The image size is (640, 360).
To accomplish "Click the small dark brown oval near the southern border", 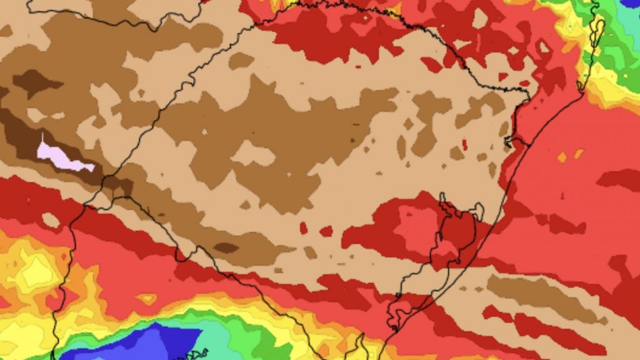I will tap(226, 247).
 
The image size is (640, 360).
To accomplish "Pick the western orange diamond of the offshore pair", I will tap(561, 157).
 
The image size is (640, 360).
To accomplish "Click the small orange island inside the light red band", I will tap(147, 299).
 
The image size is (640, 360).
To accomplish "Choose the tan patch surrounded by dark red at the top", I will tap(479, 18).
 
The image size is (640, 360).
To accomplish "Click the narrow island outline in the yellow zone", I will tap(597, 28).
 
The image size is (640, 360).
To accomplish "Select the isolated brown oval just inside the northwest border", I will tap(241, 60).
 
